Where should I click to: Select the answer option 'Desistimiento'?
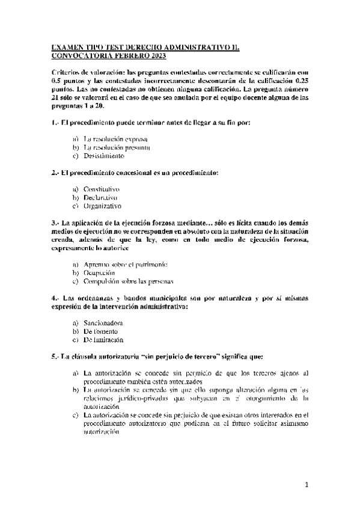click(x=104, y=156)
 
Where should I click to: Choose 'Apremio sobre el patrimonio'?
click(x=125, y=265)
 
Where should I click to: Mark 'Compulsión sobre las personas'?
click(x=128, y=281)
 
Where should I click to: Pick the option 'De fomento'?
click(x=100, y=331)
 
